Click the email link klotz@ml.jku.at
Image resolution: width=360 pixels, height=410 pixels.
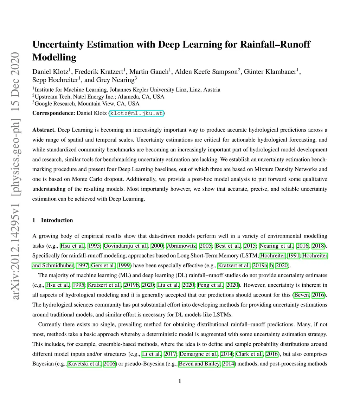point(137,113)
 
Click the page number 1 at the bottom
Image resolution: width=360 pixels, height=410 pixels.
point(180,381)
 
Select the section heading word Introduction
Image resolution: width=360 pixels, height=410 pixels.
point(57,220)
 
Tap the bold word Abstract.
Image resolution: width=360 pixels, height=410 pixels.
point(44,130)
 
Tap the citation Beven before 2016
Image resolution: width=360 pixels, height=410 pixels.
point(301,295)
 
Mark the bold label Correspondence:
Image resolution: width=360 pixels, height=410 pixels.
point(53,113)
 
